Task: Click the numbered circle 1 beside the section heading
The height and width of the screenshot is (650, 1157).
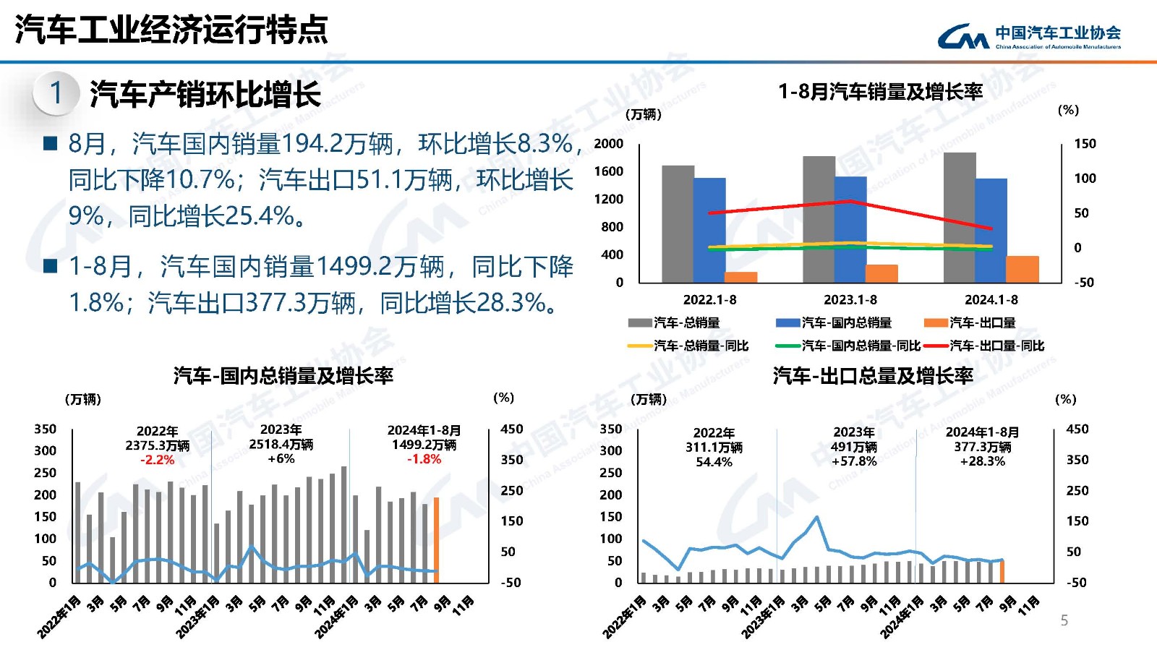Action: (56, 93)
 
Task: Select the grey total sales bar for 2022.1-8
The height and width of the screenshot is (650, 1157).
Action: (678, 223)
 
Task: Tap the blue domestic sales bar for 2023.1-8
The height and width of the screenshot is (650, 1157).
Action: (850, 229)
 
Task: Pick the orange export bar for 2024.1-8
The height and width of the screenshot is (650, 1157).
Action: (1022, 269)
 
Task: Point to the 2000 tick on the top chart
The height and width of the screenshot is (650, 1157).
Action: (609, 143)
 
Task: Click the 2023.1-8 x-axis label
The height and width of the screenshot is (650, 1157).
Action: (850, 299)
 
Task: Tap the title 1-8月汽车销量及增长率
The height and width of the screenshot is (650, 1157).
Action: (880, 92)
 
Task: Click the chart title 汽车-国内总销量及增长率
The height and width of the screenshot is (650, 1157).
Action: (283, 375)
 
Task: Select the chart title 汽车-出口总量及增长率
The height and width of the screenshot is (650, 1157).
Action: (872, 375)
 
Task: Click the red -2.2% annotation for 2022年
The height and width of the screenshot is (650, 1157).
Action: (157, 460)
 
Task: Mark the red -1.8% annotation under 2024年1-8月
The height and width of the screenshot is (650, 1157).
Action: (424, 459)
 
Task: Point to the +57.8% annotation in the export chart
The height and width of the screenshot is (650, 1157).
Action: (853, 461)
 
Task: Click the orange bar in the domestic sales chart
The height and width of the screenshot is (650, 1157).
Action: (436, 539)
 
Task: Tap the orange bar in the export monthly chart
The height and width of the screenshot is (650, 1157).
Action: (1002, 571)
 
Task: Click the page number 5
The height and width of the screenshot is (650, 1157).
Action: (1064, 620)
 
